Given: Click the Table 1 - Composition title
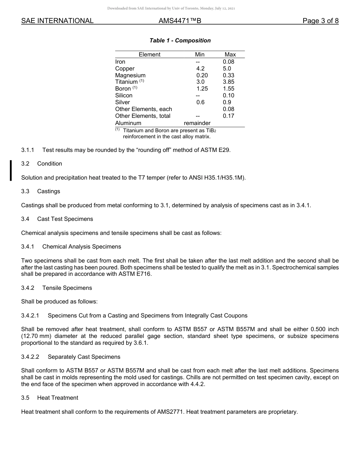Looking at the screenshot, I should (180, 41).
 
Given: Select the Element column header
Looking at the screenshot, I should (149, 55).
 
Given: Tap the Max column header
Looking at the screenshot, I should (230, 55).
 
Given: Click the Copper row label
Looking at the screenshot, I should (125, 69).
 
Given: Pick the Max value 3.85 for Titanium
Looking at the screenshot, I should (229, 82).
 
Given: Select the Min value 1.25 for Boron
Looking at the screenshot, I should (202, 89).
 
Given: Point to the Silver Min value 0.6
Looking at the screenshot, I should (200, 102).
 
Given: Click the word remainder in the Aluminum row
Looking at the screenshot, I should (197, 123).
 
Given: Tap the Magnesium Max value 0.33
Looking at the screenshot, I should (229, 75).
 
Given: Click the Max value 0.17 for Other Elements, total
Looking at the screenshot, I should (229, 116).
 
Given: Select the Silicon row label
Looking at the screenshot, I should (124, 95).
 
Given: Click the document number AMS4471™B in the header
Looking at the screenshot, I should (180, 21).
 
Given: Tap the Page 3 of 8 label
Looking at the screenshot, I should (320, 21).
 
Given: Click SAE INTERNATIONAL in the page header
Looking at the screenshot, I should (57, 21).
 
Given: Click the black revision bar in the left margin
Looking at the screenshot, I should (11, 170).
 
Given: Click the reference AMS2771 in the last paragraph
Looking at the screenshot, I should (170, 412).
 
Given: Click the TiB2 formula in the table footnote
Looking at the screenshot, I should (210, 131).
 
